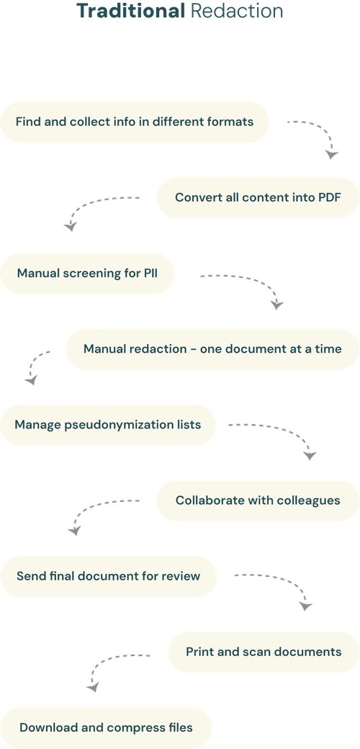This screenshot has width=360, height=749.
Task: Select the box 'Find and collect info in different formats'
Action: click(x=135, y=122)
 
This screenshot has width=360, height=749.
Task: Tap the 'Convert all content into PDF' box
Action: click(x=258, y=197)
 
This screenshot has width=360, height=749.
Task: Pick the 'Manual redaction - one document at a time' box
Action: click(x=212, y=349)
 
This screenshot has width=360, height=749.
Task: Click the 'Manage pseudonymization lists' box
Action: click(x=108, y=424)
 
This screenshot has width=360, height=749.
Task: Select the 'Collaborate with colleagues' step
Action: click(x=258, y=500)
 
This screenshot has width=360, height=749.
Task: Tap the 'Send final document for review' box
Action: click(x=108, y=575)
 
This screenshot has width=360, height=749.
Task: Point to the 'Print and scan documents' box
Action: click(x=264, y=651)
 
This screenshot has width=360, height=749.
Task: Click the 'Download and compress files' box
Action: click(x=107, y=727)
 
